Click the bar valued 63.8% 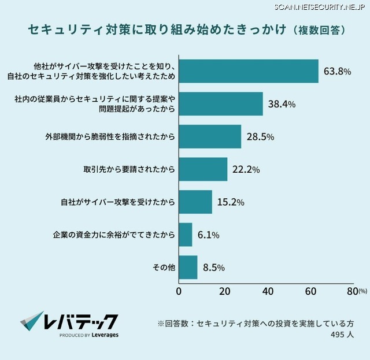(249, 71)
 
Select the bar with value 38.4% (221, 104)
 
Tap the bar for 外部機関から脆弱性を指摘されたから (210, 137)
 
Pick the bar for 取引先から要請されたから (203, 169)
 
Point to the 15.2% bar (195, 202)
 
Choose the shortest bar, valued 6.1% (186, 235)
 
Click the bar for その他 (188, 268)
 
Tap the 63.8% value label (338, 72)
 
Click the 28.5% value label (260, 137)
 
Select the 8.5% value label (214, 268)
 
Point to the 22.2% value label (246, 170)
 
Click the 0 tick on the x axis (179, 291)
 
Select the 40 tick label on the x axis (267, 291)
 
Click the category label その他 (164, 268)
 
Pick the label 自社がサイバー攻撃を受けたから (118, 202)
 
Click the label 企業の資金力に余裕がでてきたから (114, 235)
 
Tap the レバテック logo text (81, 321)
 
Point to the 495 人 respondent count (342, 335)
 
